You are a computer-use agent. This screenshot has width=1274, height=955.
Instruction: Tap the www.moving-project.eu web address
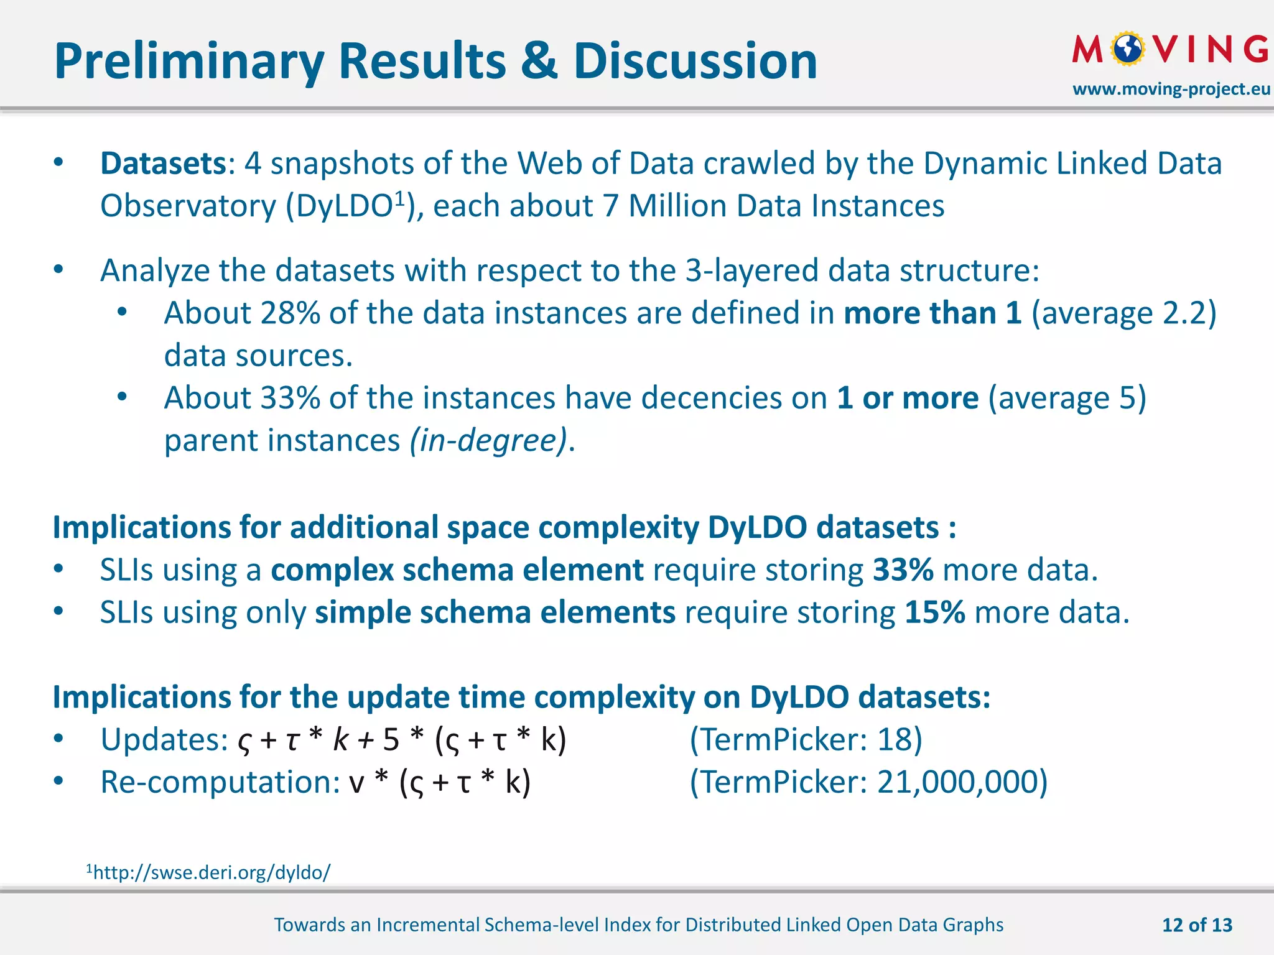point(1171,89)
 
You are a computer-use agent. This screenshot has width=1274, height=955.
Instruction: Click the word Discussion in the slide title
point(695,62)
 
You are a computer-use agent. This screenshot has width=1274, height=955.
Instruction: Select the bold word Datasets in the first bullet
point(163,164)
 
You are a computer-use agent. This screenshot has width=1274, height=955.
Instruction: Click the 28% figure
point(290,313)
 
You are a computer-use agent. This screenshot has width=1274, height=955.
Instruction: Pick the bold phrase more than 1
point(932,313)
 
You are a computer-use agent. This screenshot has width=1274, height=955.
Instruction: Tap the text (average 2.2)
point(1123,313)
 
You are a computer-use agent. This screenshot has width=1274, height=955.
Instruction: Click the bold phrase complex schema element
point(457,570)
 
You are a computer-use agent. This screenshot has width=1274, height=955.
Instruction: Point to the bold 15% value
point(934,612)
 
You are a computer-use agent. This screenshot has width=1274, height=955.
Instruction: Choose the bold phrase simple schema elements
point(495,612)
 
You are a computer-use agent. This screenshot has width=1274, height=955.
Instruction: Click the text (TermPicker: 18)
point(806,740)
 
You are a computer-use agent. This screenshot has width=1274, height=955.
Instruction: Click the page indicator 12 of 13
point(1196,925)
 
